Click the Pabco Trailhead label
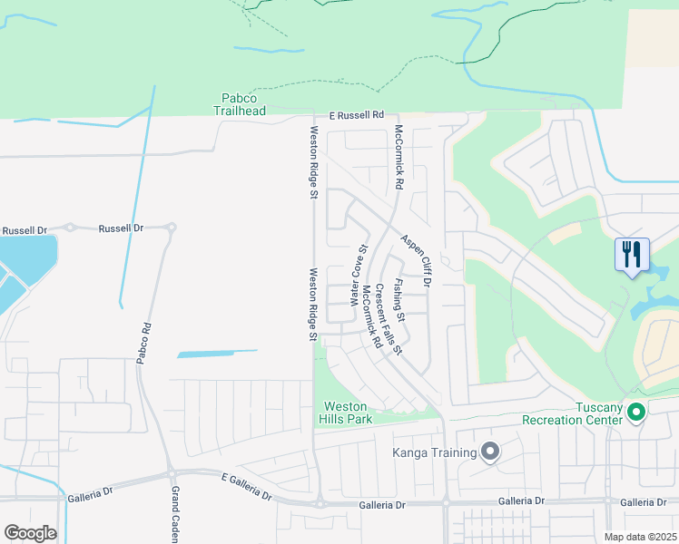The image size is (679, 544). tap(240, 104)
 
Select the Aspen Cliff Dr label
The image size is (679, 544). tap(416, 256)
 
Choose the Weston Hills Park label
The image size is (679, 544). tap(346, 413)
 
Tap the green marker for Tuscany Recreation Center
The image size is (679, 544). tap(636, 413)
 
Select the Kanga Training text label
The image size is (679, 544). tap(434, 452)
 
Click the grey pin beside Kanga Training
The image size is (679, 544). tap(491, 452)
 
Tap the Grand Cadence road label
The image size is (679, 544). tap(177, 514)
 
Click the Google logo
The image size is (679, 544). tap(30, 533)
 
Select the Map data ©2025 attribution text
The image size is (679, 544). tap(639, 537)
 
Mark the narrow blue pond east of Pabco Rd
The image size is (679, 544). tap(217, 353)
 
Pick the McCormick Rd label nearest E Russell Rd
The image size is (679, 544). tap(398, 157)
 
